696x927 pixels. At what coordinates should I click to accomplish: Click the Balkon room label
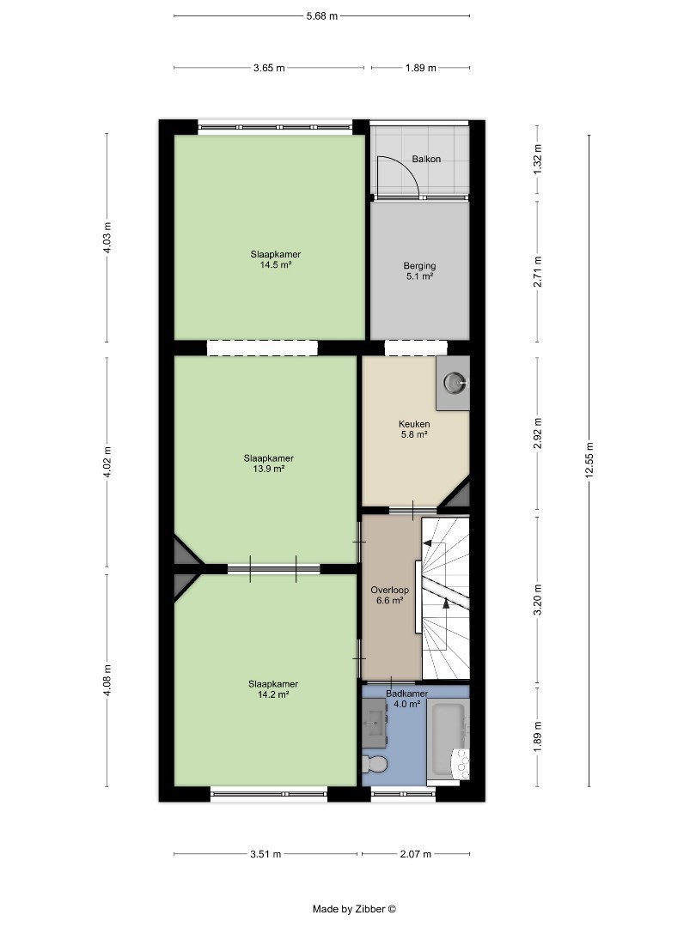point(426,159)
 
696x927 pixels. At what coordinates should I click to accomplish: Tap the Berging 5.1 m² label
point(419,270)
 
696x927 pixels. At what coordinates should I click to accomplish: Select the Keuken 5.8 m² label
point(414,429)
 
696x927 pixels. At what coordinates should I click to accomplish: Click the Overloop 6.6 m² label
point(389,596)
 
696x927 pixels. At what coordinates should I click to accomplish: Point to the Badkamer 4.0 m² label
point(406,699)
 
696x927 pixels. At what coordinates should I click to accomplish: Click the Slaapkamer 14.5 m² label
point(275,259)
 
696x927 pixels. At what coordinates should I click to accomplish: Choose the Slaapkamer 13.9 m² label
point(269,463)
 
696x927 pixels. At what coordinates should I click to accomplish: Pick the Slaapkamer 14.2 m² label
point(273,689)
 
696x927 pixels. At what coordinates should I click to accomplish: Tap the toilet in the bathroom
point(375,763)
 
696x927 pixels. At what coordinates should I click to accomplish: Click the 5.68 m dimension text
point(322,16)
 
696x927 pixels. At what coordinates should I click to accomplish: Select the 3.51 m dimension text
point(266,854)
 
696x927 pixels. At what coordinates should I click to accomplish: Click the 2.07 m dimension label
point(416,854)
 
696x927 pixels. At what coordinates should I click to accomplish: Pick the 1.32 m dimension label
point(537,159)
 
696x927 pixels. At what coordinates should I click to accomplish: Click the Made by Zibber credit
point(355,909)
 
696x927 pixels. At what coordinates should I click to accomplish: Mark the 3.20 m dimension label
point(537,599)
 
